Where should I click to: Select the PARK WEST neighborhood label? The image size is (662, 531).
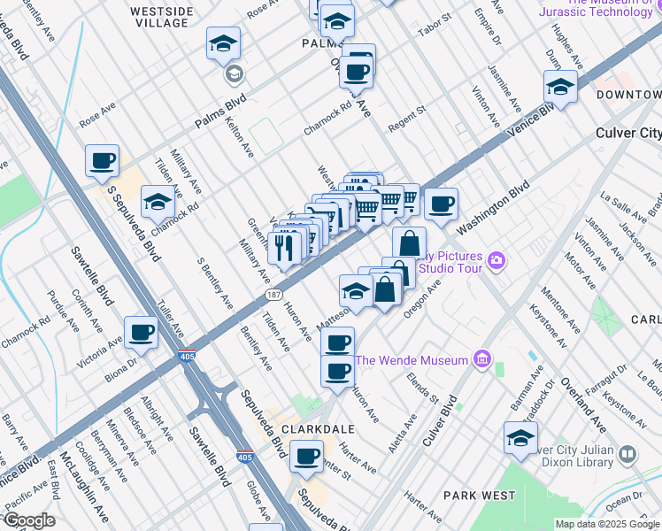479,495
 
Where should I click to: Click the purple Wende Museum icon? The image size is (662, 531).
481,359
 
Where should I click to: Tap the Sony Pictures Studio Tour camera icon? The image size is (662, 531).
496,260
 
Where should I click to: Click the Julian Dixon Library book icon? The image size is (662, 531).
627,454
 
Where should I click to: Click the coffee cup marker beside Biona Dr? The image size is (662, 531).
142,334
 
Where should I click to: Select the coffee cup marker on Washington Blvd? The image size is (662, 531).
440,205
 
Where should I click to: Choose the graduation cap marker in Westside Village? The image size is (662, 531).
224,44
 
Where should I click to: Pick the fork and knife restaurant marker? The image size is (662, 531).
284,247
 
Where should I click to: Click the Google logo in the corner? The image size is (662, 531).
28,520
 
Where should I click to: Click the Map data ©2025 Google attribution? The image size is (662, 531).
607,524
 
